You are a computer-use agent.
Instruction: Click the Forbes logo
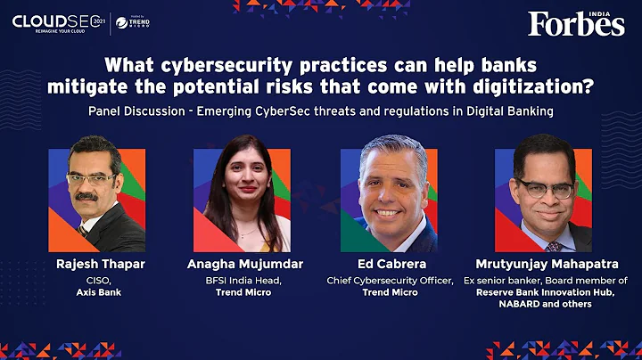(x=576, y=23)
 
